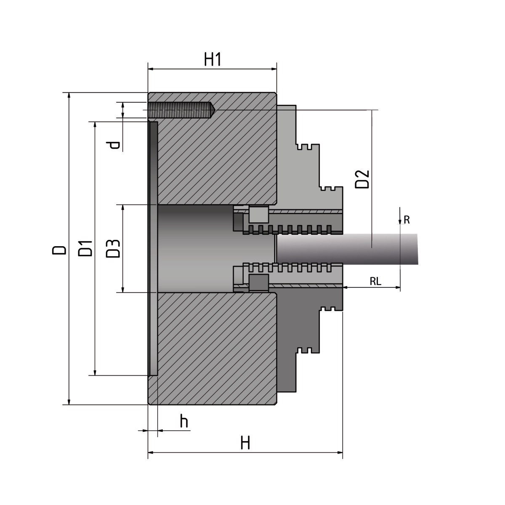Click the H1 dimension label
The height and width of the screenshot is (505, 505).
pos(213,60)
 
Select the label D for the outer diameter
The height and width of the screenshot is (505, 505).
pos(59,249)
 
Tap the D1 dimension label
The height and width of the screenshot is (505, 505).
pos(85,249)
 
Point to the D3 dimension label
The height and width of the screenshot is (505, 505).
pos(113,248)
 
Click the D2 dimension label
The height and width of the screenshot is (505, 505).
pos(362,179)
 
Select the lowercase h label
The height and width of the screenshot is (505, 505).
pos(184,421)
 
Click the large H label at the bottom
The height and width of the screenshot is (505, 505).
pos(245,443)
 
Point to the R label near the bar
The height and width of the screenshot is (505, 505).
pos(407,219)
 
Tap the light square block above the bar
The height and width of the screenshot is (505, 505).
pos(259,215)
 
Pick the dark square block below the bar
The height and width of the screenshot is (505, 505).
pos(259,282)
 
